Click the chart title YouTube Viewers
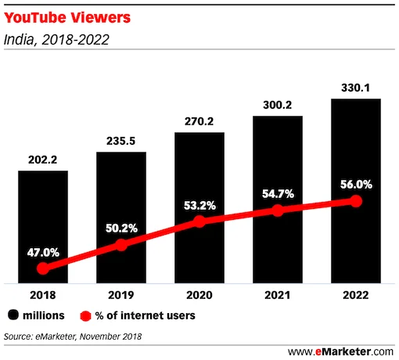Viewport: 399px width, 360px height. tap(62, 15)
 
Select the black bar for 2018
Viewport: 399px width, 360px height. tap(42, 227)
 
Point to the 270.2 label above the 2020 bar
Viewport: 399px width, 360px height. tap(199, 122)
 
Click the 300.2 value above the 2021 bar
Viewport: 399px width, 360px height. tap(277, 106)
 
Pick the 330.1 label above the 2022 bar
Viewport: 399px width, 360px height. tap(355, 88)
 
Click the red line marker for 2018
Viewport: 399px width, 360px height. tap(42, 268)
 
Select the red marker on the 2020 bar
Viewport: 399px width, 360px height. tap(199, 221)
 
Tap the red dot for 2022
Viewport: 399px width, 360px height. tap(356, 201)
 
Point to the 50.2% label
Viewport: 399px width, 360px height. tap(120, 228)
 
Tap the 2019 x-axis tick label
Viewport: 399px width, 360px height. tap(120, 297)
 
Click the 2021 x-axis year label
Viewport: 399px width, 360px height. tap(277, 297)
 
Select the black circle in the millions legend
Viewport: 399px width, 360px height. tap(13, 316)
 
